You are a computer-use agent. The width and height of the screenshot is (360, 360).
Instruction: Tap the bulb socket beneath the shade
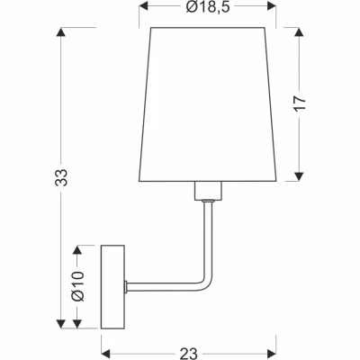click(206, 191)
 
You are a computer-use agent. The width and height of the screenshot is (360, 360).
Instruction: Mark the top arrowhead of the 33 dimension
click(60, 34)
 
